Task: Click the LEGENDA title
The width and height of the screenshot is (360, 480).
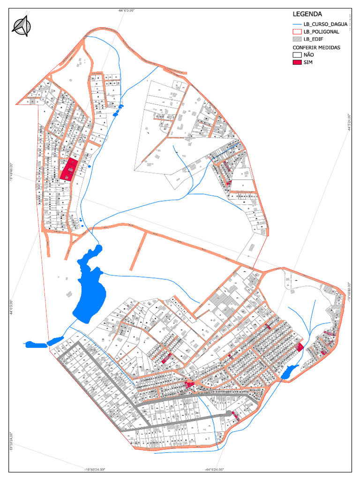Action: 308,14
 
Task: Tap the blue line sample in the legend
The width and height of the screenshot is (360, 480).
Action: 297,24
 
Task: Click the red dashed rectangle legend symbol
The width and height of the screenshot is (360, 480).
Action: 297,31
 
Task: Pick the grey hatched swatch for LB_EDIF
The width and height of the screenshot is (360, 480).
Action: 297,39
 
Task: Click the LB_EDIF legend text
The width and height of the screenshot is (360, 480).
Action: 314,39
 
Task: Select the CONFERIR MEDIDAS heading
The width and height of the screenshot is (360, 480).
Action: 316,47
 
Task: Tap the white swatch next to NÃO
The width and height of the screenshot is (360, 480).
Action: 297,55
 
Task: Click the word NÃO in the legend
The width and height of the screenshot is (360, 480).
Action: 309,55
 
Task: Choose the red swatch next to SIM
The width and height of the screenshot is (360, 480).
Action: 297,62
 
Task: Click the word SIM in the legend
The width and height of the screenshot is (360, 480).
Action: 308,62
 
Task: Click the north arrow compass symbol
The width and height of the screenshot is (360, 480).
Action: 21,26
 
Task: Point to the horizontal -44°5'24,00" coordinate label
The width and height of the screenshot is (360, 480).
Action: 214,469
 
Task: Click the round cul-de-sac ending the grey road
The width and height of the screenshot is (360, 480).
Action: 229,413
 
